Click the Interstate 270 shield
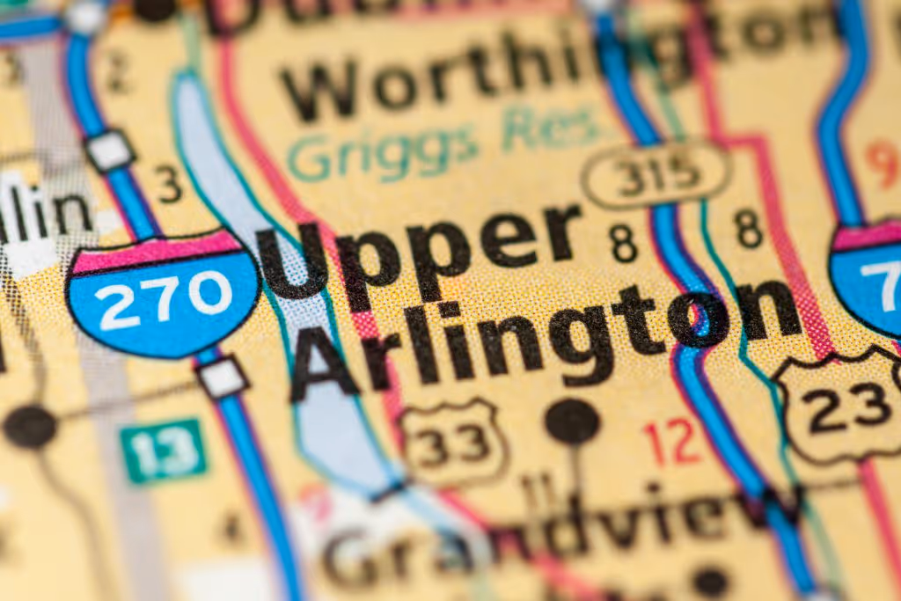(x=164, y=293)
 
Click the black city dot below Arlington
(x=572, y=421)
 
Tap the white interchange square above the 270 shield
(x=110, y=150)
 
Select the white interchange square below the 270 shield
(x=222, y=377)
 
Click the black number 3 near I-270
(x=169, y=185)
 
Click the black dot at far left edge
(x=29, y=427)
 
